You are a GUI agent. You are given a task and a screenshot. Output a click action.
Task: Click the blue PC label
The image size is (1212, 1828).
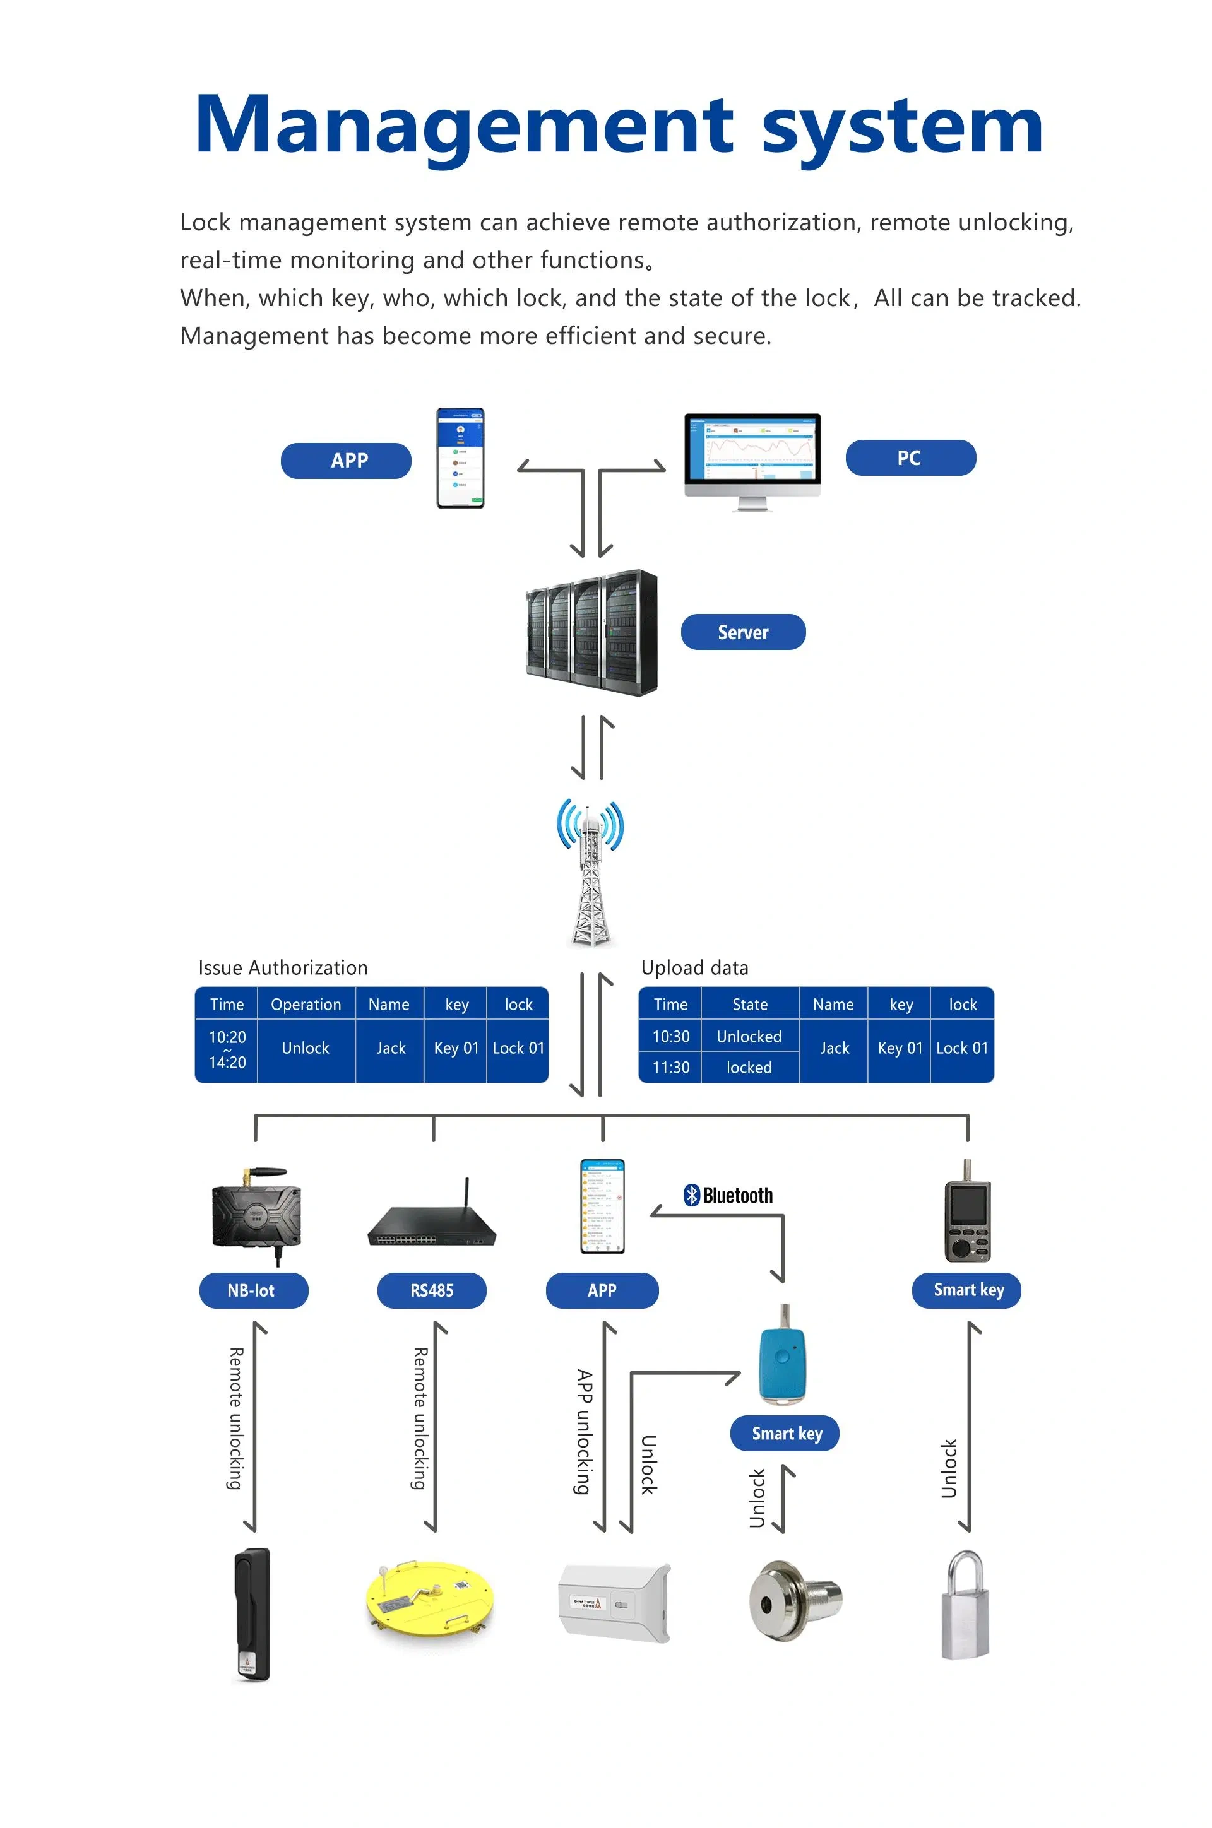(x=910, y=458)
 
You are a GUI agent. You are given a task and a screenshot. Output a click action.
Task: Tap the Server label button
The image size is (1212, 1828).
(x=743, y=632)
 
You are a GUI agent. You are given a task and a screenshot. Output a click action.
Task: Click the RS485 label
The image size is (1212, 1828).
(x=431, y=1290)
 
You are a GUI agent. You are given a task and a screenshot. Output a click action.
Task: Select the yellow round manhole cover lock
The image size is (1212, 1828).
(x=428, y=1598)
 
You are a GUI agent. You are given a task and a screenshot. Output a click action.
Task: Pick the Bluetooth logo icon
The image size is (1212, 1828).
(x=691, y=1195)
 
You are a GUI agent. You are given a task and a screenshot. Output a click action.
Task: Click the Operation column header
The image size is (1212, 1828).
(x=306, y=1005)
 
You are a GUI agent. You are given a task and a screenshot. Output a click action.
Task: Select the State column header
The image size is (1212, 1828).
(x=750, y=1005)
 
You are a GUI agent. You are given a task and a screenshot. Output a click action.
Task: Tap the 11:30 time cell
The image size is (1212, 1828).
(x=670, y=1067)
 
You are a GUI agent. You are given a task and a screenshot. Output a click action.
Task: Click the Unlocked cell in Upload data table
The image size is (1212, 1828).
(x=749, y=1036)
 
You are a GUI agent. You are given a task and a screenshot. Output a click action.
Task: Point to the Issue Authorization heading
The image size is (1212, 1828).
(x=283, y=968)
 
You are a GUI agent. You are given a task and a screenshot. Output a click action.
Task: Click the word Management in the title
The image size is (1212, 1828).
(x=464, y=125)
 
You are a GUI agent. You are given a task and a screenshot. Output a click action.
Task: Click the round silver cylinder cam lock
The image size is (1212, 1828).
(x=795, y=1600)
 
